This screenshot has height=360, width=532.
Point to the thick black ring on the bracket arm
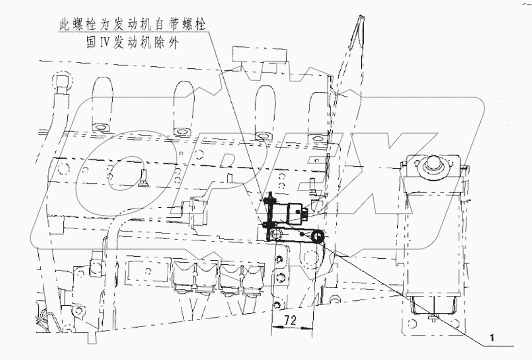[x=318, y=236]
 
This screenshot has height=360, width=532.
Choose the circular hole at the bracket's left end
[x=275, y=235]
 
